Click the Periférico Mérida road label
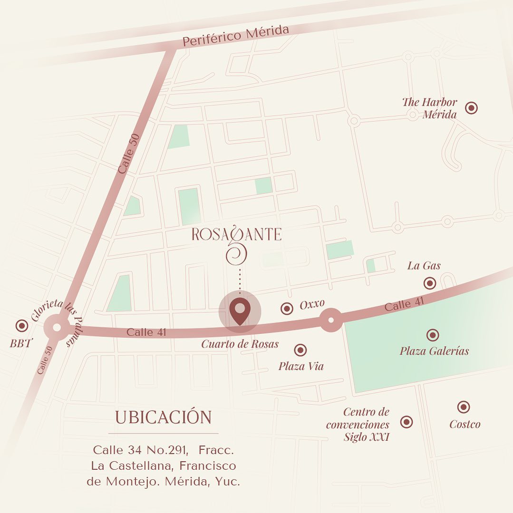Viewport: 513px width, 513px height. pos(236,36)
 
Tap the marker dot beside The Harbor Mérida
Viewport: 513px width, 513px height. pos(471,108)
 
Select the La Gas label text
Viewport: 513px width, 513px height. pos(424,266)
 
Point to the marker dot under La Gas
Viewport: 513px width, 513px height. pos(430,283)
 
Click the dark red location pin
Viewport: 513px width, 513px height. pos(240,311)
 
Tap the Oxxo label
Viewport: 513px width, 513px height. pos(312,304)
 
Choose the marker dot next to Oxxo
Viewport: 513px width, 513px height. pos(287,309)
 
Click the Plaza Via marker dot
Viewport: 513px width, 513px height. pos(300,350)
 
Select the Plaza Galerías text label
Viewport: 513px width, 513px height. pos(434,351)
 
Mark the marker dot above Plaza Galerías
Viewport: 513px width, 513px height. pos(433,335)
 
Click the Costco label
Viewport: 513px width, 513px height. pos(465,424)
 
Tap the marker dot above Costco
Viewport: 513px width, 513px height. pos(464,407)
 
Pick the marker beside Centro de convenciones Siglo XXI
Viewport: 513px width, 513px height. pos(407,422)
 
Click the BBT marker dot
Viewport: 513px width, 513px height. pos(21,326)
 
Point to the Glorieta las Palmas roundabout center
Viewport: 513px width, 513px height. pos(57,328)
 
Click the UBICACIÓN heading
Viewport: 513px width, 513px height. pos(163,417)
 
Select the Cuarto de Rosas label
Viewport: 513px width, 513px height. pos(240,344)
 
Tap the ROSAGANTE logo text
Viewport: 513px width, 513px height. pos(236,234)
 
